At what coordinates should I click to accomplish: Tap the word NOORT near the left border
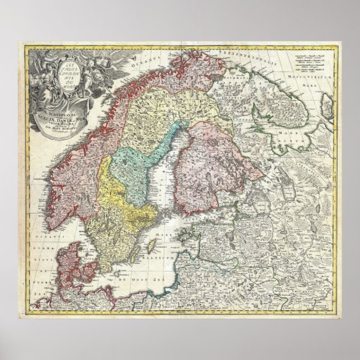[39, 282]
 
